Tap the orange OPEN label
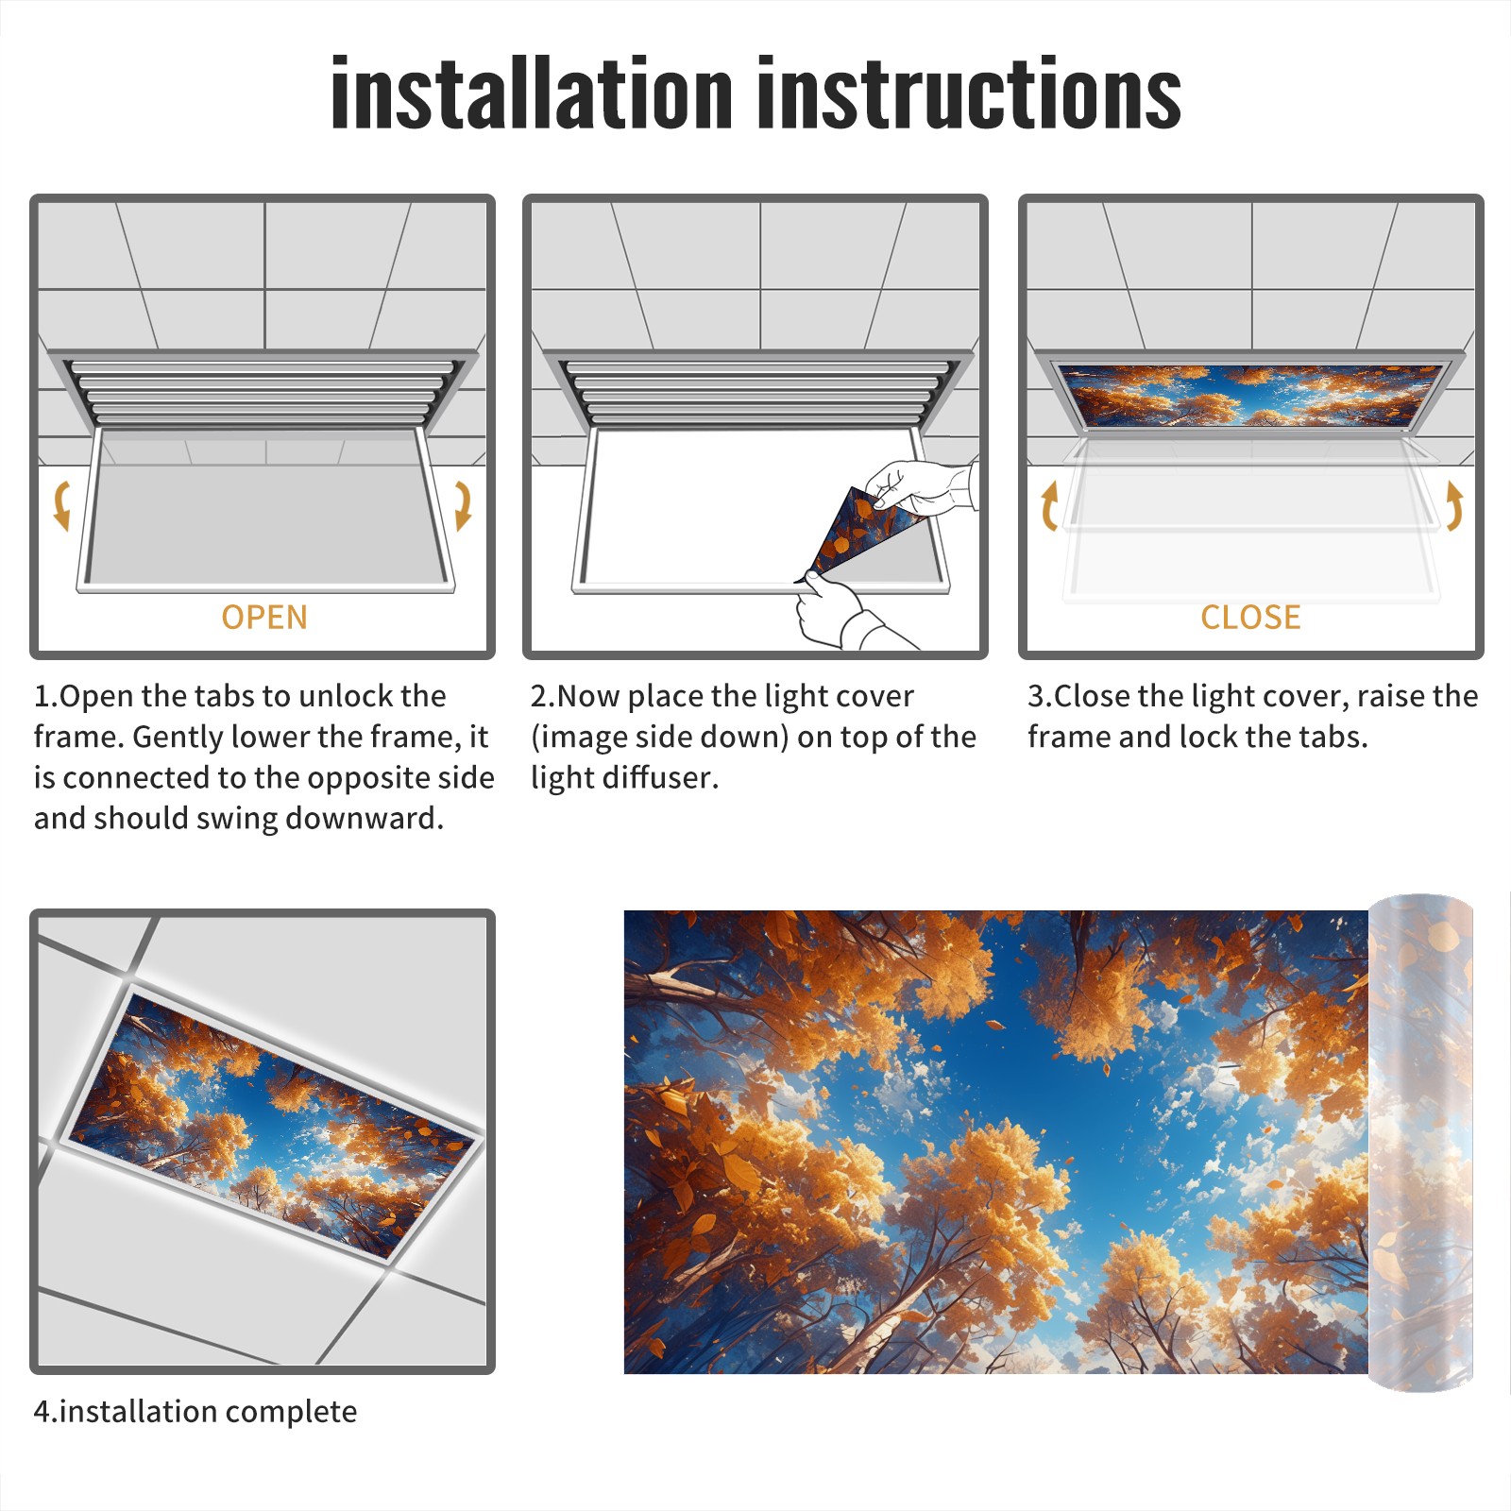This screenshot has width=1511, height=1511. (264, 618)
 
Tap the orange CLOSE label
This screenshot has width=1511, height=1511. (1250, 618)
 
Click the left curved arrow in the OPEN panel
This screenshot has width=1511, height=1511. (61, 505)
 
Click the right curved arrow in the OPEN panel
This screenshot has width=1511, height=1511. (463, 505)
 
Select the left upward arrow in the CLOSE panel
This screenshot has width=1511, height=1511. (1049, 505)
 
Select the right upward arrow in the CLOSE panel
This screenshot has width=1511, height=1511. (1454, 505)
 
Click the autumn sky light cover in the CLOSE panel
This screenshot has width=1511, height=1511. (1250, 395)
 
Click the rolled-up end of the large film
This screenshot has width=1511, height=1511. (1420, 1143)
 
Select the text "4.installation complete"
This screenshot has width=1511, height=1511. (195, 1412)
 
